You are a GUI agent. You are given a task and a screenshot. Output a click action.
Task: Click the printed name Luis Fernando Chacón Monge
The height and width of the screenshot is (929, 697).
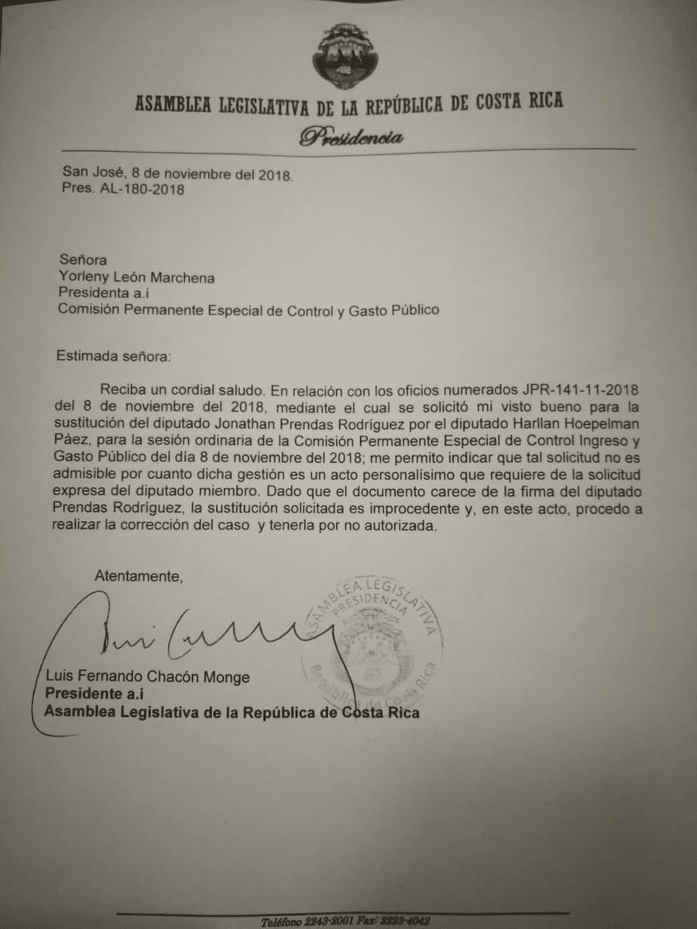(x=147, y=677)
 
